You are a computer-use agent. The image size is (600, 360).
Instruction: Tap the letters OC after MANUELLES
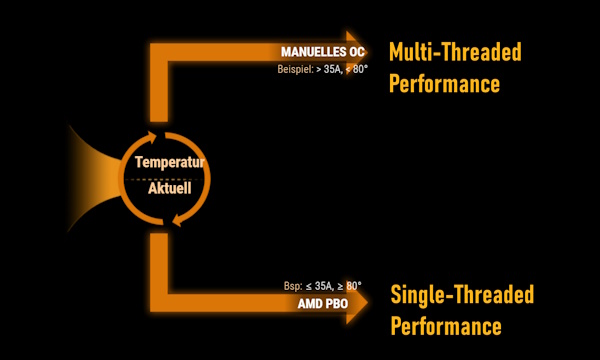click(x=357, y=52)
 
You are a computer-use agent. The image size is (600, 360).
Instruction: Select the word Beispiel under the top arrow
click(x=295, y=70)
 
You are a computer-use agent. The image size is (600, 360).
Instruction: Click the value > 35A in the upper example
click(x=327, y=69)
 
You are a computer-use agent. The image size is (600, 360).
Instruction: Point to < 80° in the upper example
click(x=356, y=69)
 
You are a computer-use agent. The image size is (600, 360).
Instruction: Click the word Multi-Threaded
click(x=455, y=52)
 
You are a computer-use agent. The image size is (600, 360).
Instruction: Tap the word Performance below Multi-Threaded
click(x=444, y=83)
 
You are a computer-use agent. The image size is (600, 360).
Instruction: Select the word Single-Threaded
click(x=462, y=294)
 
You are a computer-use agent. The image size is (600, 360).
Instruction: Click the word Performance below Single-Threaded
click(x=446, y=326)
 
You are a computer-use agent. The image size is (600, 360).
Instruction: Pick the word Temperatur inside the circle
click(x=170, y=162)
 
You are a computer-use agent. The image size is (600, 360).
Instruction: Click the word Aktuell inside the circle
click(x=170, y=188)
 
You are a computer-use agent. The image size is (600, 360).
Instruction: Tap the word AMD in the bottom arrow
click(x=309, y=304)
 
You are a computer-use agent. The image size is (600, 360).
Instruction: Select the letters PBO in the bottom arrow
click(x=336, y=304)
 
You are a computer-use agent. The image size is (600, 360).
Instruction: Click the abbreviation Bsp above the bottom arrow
click(x=293, y=286)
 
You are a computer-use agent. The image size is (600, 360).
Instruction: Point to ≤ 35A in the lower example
click(x=319, y=286)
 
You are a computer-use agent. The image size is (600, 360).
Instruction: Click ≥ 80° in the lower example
click(x=349, y=286)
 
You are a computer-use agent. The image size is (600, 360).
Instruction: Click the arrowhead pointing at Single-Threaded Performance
click(x=357, y=302)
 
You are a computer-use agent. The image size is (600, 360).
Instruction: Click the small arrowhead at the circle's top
click(x=152, y=137)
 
